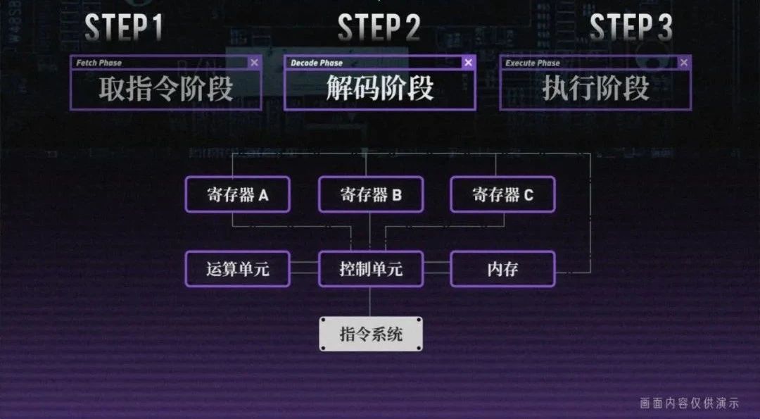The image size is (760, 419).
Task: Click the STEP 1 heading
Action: click(124, 27)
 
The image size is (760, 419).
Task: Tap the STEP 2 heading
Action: click(379, 27)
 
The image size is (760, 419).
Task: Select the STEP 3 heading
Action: click(631, 27)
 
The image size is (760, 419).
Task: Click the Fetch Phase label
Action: click(99, 63)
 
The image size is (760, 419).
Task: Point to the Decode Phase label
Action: click(317, 63)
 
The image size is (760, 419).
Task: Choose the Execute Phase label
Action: click(532, 63)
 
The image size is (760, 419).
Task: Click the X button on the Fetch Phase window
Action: click(255, 62)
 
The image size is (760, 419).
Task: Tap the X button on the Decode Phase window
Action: click(468, 62)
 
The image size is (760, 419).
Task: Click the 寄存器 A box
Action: click(238, 194)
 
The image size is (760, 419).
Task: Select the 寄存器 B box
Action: click(371, 194)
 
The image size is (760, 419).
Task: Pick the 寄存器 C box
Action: click(502, 194)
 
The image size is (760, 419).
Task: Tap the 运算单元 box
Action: click(238, 269)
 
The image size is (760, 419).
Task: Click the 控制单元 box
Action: click(371, 269)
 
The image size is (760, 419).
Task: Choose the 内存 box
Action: click(502, 269)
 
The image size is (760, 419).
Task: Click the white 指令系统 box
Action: click(371, 334)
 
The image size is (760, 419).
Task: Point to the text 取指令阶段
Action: click(166, 89)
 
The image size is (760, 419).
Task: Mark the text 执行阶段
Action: click(595, 89)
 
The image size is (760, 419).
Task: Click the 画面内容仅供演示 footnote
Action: click(689, 403)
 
